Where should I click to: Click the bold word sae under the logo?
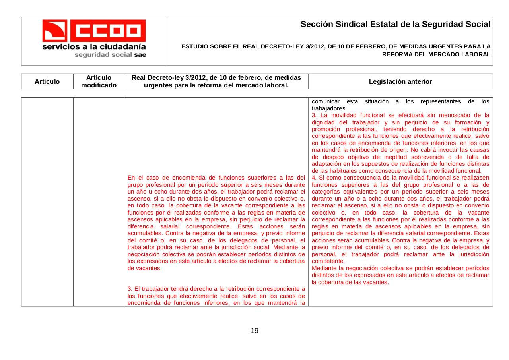[140, 55]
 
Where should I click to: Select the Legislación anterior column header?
[400, 81]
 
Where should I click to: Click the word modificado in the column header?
[99, 85]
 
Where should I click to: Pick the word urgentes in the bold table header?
[159, 85]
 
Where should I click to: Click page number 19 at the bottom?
[254, 331]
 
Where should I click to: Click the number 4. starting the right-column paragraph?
[315, 178]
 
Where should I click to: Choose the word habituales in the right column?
[342, 170]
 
